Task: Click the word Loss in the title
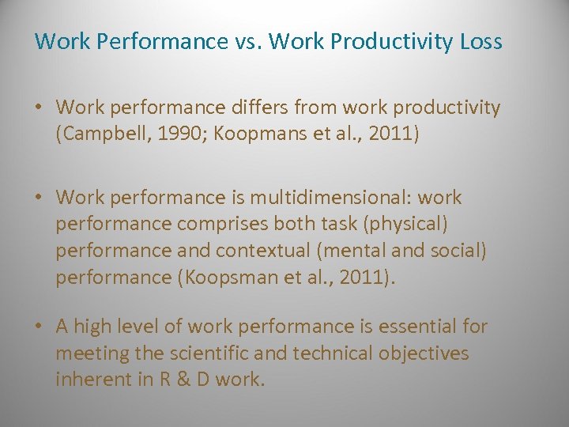pos(480,41)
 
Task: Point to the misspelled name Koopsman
pos(236,277)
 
